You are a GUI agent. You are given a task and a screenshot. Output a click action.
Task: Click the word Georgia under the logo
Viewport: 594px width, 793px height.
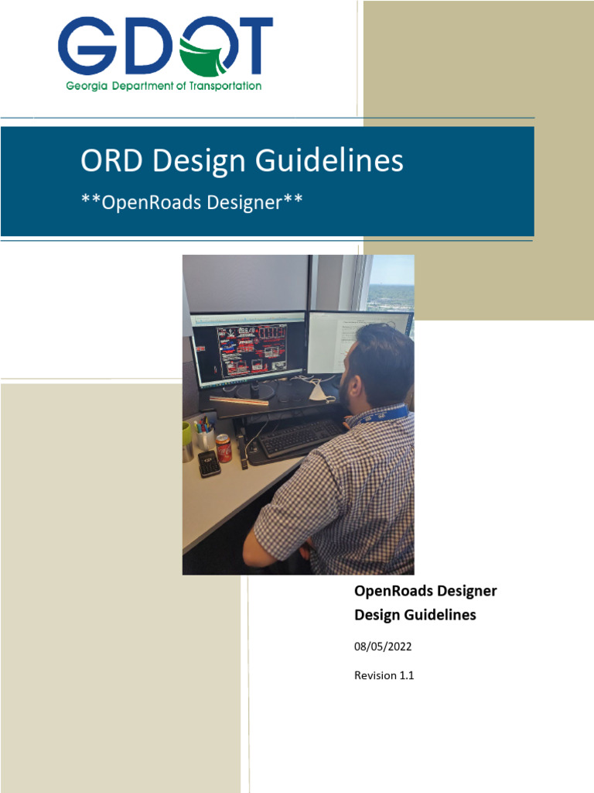[87, 86]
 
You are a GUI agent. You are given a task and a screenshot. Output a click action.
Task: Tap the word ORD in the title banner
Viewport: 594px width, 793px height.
[113, 161]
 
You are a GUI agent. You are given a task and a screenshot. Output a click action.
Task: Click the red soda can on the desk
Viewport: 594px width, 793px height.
[224, 448]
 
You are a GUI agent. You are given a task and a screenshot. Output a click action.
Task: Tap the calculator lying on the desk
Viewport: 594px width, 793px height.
[209, 463]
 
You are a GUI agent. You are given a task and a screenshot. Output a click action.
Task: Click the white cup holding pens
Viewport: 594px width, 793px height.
[206, 438]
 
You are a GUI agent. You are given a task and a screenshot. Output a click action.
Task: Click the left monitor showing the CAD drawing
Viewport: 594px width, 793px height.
[249, 348]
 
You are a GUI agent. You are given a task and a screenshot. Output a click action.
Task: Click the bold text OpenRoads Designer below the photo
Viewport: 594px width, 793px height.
[425, 592]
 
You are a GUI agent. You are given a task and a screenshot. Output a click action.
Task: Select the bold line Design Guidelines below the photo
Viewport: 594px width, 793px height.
[415, 616]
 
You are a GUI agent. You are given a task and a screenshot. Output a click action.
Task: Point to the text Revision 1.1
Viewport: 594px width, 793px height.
[384, 675]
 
